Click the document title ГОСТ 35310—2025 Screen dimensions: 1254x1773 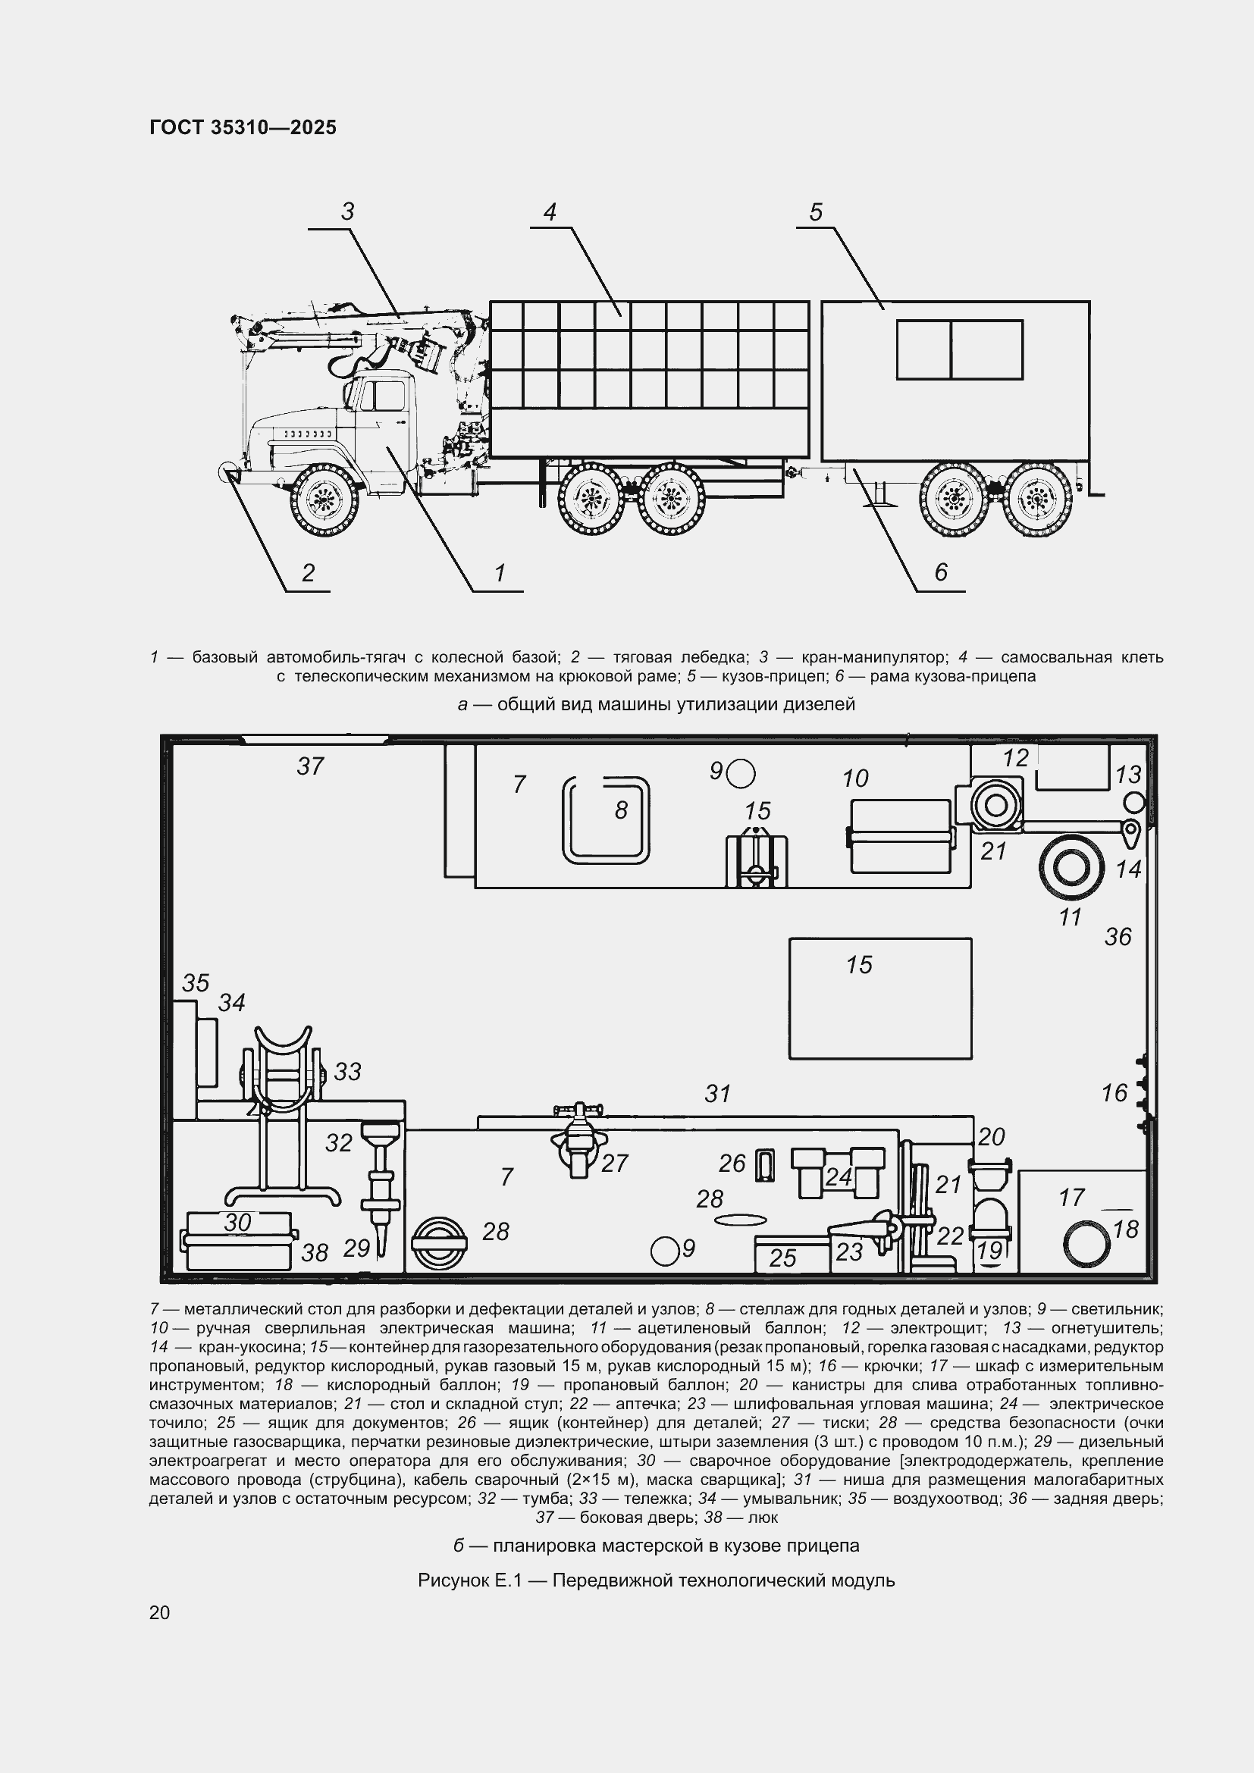tap(243, 127)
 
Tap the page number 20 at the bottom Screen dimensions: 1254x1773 tap(159, 1612)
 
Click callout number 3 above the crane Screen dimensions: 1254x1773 tap(347, 211)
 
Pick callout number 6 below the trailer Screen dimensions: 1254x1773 tap(940, 572)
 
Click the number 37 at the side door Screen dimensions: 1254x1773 tap(310, 766)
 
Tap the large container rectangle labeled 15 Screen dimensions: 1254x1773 tap(880, 998)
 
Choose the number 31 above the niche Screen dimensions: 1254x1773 tap(718, 1094)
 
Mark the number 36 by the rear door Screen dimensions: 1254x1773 tap(1118, 937)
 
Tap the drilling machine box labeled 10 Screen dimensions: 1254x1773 tap(901, 836)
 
